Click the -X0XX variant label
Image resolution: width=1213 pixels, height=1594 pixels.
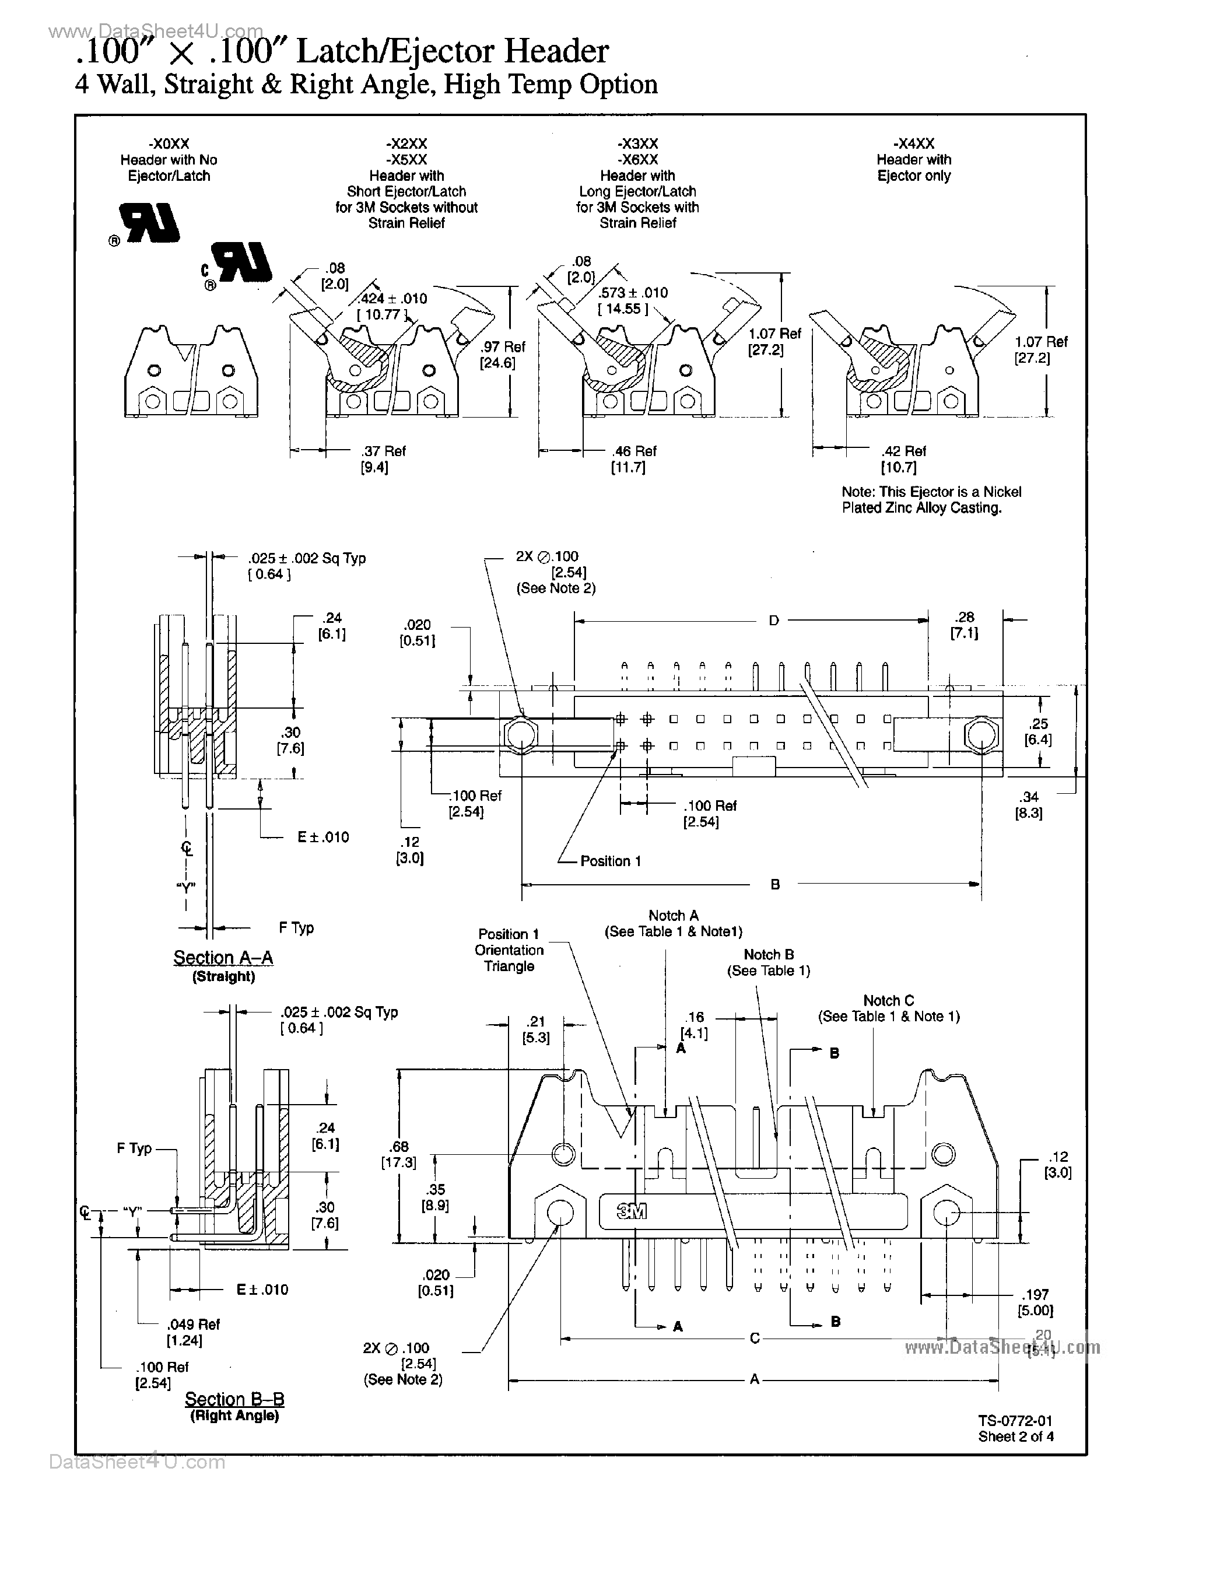point(168,143)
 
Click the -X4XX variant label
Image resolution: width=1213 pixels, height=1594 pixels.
point(913,143)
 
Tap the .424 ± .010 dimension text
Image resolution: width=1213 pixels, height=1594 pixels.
point(391,299)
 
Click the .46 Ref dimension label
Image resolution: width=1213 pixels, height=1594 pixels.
point(634,451)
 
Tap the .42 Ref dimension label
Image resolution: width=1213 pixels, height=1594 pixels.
point(904,451)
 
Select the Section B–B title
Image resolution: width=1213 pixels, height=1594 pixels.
point(234,1399)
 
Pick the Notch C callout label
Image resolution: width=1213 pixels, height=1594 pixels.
point(888,1001)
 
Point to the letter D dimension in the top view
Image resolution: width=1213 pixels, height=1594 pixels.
point(773,621)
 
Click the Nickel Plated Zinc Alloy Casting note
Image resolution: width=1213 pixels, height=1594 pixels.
point(931,500)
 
